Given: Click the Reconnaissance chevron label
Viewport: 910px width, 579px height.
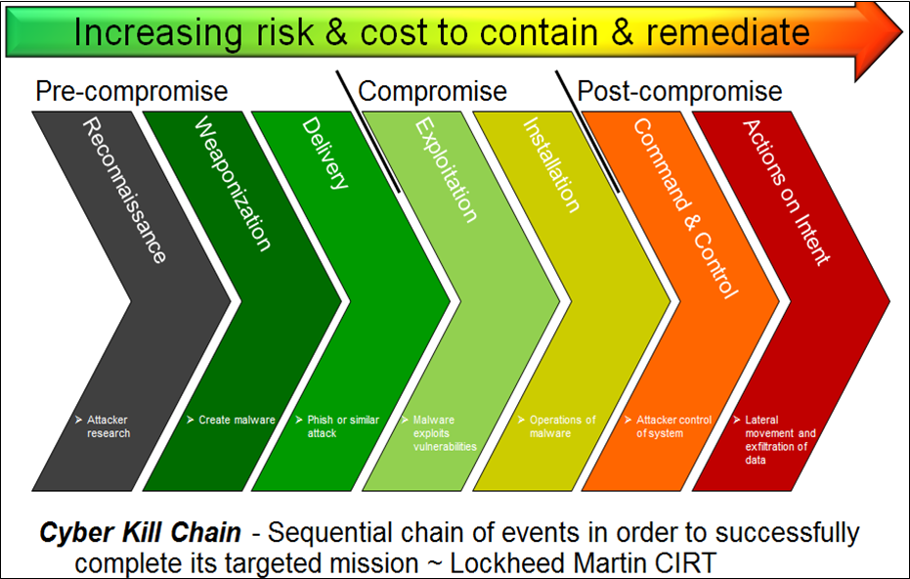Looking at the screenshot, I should click(125, 190).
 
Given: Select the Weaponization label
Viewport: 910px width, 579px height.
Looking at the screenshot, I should click(233, 184).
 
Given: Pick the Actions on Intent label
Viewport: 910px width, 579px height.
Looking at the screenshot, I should click(786, 192).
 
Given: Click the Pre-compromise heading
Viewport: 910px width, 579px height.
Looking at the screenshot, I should click(132, 91).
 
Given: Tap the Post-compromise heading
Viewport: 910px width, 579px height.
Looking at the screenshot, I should click(679, 91).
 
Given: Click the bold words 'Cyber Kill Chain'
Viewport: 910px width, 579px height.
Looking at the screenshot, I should click(140, 533).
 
